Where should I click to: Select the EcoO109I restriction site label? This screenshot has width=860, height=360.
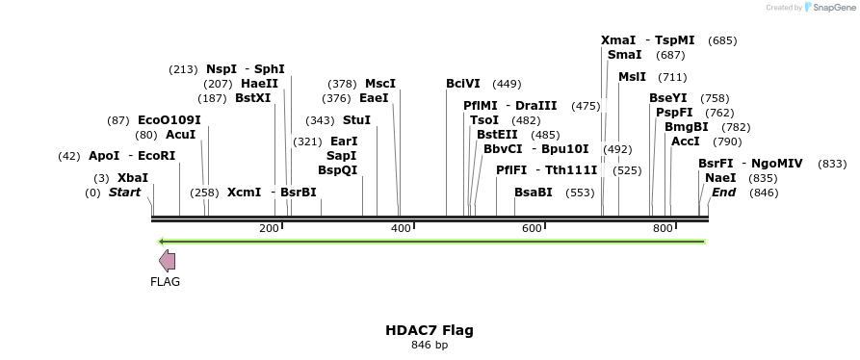click(169, 120)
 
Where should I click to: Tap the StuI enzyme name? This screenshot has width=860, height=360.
click(356, 120)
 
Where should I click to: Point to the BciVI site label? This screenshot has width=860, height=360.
click(463, 84)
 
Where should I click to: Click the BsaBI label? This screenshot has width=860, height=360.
click(533, 193)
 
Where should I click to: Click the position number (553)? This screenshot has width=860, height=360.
click(580, 193)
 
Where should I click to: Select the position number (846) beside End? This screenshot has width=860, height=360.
click(764, 193)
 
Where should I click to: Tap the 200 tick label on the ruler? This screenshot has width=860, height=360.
click(269, 228)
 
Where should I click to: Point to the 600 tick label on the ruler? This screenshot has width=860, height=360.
click(532, 228)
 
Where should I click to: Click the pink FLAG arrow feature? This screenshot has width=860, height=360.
click(167, 260)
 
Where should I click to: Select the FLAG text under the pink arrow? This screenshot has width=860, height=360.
click(165, 282)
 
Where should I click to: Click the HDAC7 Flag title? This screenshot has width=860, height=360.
click(430, 330)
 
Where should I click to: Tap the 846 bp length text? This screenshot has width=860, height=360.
click(430, 345)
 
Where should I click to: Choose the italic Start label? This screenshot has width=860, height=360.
click(124, 193)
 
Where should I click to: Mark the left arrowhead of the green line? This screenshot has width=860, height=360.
click(161, 241)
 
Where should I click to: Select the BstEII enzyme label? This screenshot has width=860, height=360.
click(497, 135)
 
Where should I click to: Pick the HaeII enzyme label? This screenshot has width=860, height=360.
click(259, 84)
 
